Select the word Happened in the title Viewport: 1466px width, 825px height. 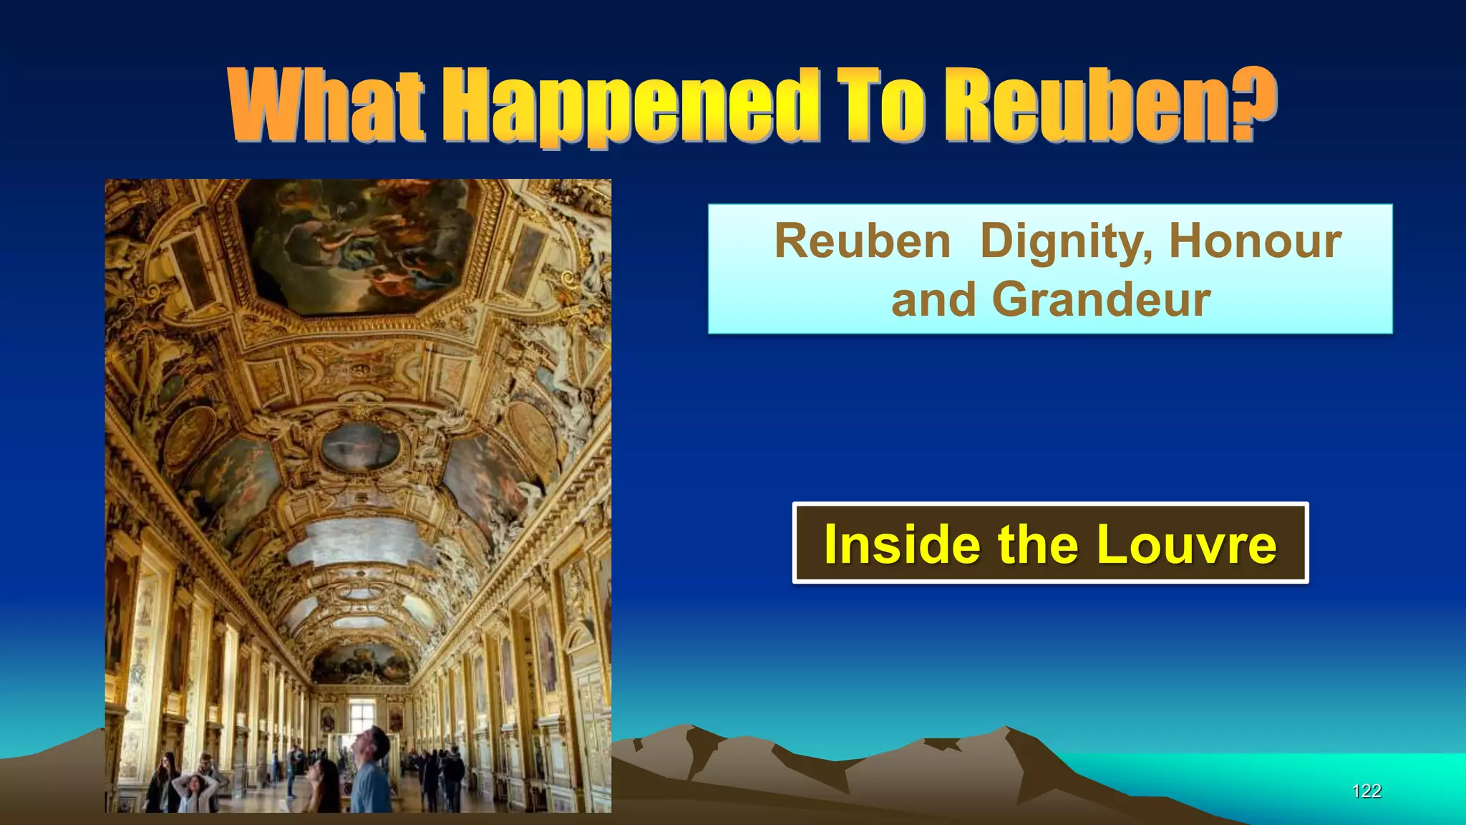tap(630, 107)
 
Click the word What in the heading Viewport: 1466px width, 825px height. tap(326, 106)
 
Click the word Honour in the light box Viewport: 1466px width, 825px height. tap(1255, 241)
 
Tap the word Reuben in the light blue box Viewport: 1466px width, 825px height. tap(862, 241)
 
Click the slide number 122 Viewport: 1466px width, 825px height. tap(1366, 791)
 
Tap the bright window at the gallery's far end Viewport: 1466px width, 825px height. tap(361, 714)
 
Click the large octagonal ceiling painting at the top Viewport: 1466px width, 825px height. tap(358, 243)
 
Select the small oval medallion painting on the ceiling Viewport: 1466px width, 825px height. tap(360, 446)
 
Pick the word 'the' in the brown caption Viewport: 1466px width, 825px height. tap(1038, 544)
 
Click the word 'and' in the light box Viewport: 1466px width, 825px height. tap(933, 299)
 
